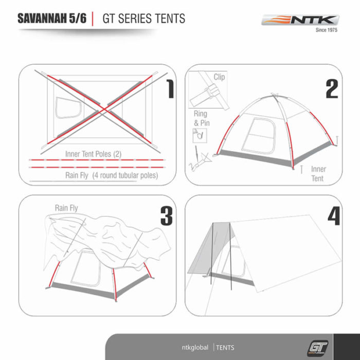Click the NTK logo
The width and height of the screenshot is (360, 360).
tap(300, 20)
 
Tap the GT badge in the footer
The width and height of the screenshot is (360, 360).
tap(317, 348)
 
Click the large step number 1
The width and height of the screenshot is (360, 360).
tap(170, 89)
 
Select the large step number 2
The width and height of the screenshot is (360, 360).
tap(332, 89)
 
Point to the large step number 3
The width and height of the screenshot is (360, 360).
tap(167, 216)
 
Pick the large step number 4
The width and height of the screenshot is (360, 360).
tap(334, 216)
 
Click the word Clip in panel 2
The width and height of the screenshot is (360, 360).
tap(219, 77)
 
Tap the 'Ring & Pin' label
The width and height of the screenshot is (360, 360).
tap(202, 118)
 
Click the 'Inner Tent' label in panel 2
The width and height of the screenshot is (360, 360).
tap(318, 174)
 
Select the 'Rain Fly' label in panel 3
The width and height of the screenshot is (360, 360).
tap(66, 208)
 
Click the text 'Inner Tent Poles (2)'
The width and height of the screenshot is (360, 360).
tap(93, 154)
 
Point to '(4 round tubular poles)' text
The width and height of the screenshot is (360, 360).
tap(125, 175)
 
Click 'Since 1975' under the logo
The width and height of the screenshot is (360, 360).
tap(327, 30)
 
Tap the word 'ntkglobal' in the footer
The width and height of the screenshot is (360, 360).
tap(195, 347)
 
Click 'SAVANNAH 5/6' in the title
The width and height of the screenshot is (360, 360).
tap(52, 19)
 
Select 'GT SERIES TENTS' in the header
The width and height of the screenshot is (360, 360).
tap(143, 19)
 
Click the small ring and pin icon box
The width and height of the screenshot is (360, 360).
tap(200, 136)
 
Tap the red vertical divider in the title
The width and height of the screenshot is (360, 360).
tap(93, 19)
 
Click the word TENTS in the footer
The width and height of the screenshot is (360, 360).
tap(225, 348)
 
